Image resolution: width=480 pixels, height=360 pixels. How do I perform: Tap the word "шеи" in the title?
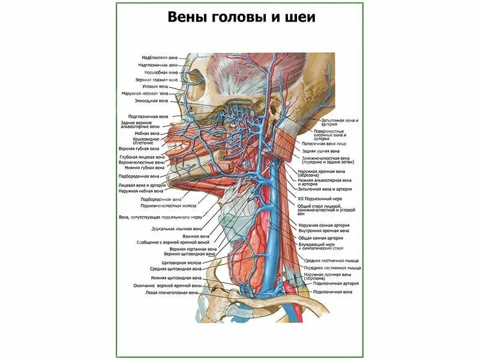click(301, 18)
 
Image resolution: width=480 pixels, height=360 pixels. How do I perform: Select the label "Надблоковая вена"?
click(160, 58)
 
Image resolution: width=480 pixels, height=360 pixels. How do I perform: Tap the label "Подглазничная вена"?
click(148, 116)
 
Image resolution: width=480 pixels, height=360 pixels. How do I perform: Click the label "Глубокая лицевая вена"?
click(142, 157)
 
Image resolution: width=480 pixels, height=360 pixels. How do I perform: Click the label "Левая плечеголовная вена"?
click(171, 293)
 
